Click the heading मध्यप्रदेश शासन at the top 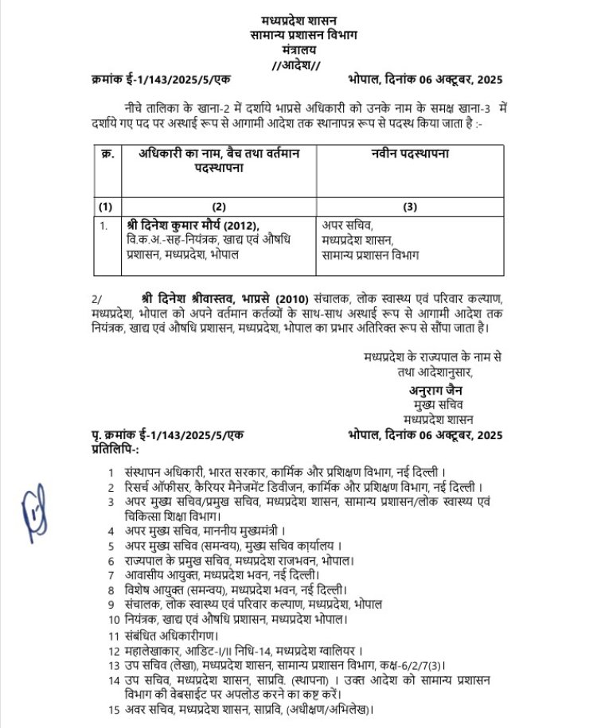[299, 19]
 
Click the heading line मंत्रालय [298, 49]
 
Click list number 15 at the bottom [112, 709]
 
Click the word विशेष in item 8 [140, 590]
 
